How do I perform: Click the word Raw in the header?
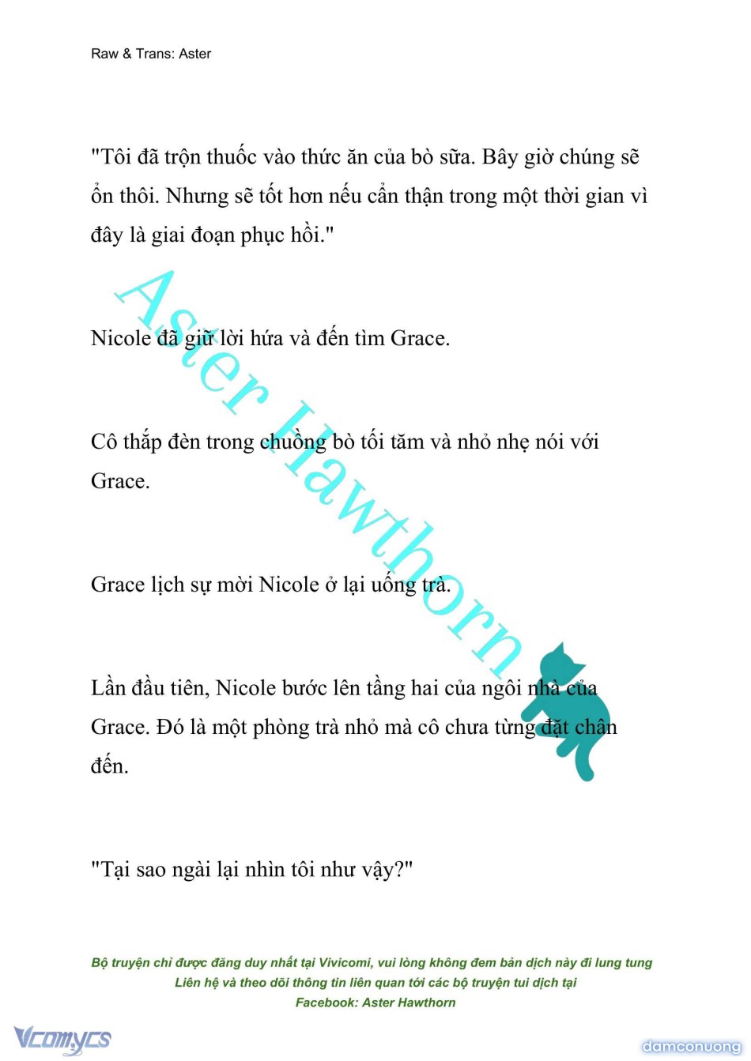click(104, 54)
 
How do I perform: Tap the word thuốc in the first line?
click(232, 157)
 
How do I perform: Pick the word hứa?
click(267, 338)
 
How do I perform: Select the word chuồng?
click(292, 442)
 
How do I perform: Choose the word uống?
click(393, 585)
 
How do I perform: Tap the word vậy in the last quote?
click(383, 870)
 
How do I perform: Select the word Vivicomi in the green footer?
click(345, 962)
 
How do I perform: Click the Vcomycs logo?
click(62, 1039)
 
